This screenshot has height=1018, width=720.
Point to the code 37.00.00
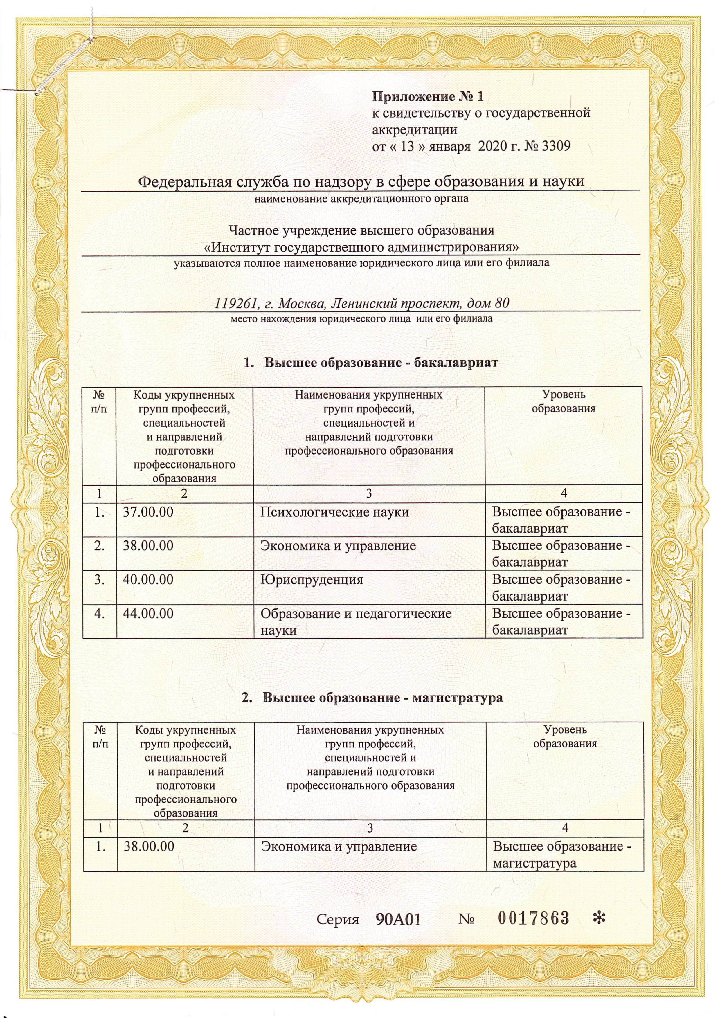(148, 512)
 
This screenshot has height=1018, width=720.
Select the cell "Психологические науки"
(334, 512)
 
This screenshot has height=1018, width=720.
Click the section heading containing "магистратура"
(372, 698)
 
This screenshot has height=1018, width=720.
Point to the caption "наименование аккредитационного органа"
(361, 199)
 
